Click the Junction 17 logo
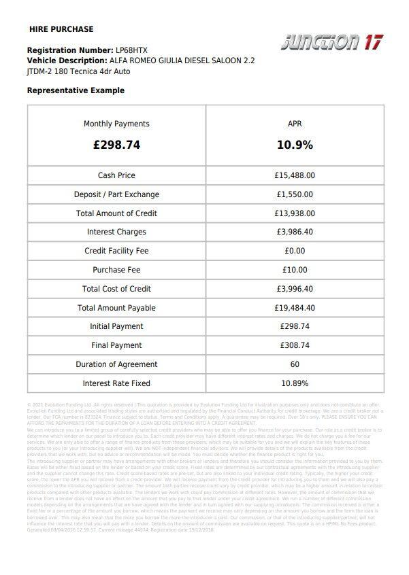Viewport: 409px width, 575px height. [331, 43]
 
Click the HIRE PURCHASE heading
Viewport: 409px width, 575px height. [61, 29]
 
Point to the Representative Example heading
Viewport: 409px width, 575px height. [76, 90]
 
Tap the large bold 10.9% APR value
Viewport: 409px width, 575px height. [295, 145]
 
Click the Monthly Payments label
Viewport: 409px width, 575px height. [116, 124]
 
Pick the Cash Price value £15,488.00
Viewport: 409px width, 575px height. [295, 175]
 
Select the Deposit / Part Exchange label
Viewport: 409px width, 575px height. [116, 194]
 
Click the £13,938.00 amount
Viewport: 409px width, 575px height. [295, 213]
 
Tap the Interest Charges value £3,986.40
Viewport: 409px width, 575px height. [295, 232]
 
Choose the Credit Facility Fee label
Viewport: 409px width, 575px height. [116, 251]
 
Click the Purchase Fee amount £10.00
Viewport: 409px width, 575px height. [295, 270]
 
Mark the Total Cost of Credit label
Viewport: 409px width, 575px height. [116, 289]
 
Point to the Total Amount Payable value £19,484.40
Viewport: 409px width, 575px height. [295, 308]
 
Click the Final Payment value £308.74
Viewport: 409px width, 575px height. [295, 345]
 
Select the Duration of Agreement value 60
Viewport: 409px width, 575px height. [295, 364]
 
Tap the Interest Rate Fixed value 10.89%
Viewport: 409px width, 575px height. [295, 383]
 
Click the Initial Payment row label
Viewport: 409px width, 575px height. [116, 326]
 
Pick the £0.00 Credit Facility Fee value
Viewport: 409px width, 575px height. [295, 251]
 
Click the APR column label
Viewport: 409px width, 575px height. [295, 124]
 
